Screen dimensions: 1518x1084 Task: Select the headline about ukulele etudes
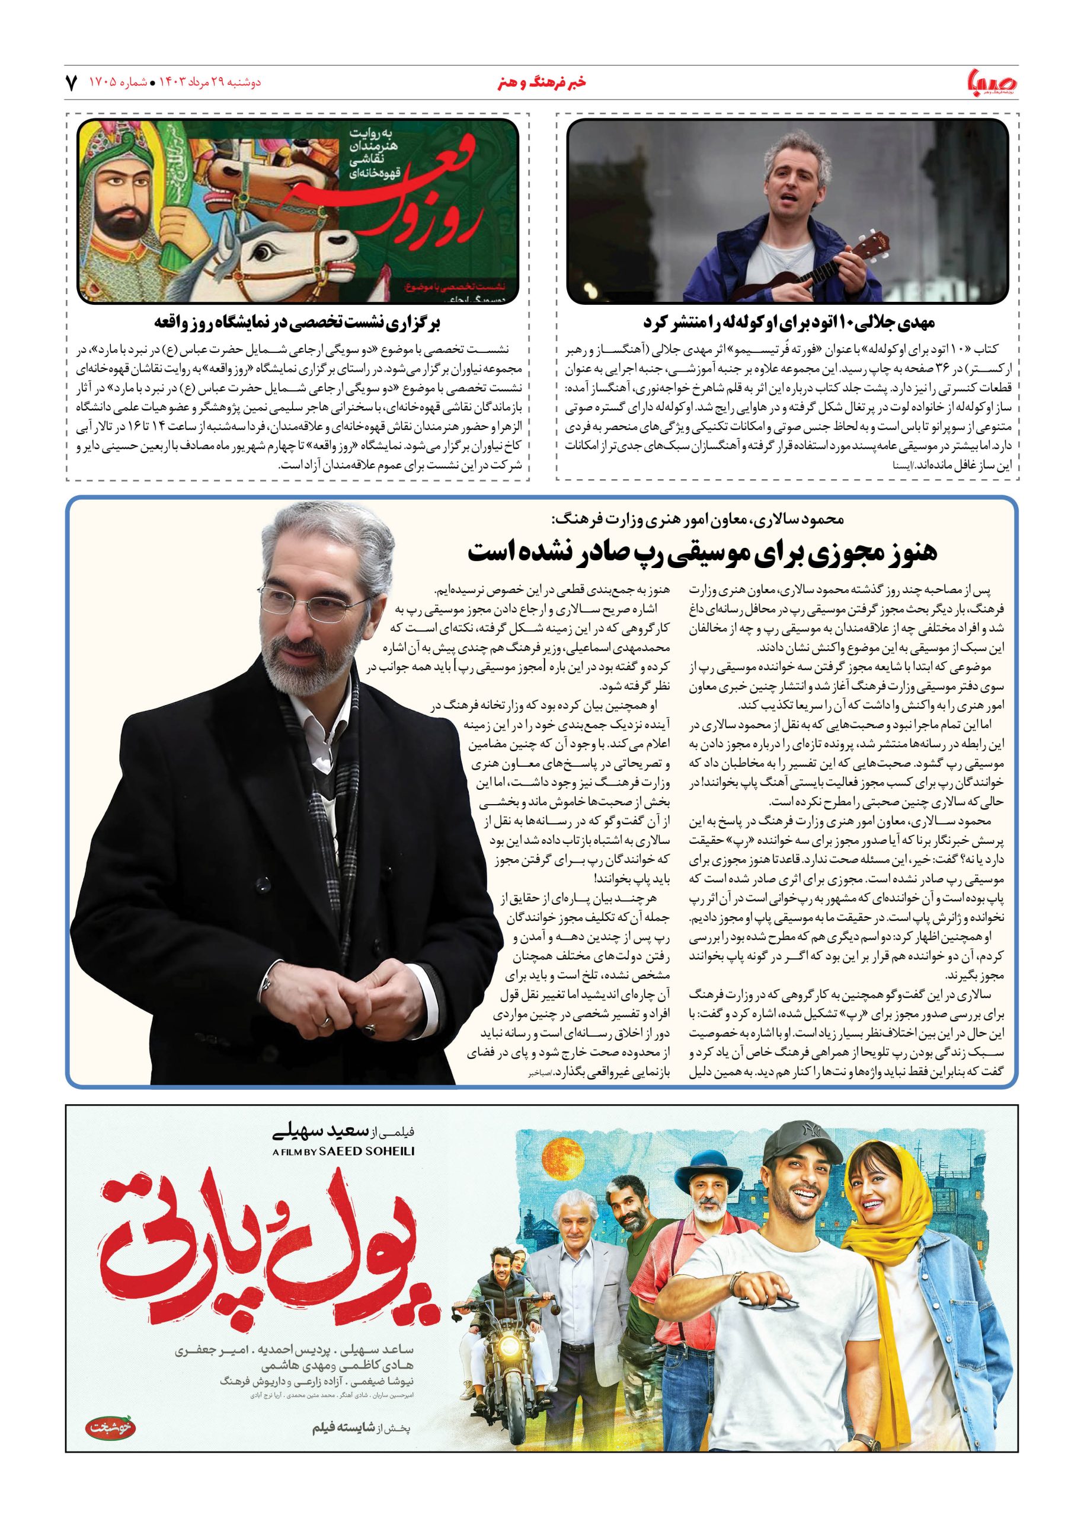point(788,323)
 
